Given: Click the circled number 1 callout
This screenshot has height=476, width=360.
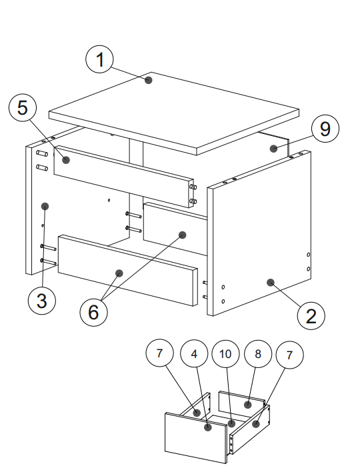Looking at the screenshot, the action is coord(99,59).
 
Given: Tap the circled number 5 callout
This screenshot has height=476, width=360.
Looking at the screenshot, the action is coord(23,108).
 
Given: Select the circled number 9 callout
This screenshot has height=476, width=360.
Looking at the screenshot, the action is coord(325,129).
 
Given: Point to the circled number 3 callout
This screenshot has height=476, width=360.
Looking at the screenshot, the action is coord(42,301).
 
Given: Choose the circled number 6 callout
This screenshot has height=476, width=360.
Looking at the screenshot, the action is coord(93,312).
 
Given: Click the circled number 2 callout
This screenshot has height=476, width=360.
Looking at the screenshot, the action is coord(311,316).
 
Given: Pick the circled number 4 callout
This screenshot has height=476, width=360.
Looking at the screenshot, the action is coord(194,353).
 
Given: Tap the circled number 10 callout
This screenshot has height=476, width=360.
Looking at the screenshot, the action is coord(225,354).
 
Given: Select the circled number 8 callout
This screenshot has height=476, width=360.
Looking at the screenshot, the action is coord(258,353).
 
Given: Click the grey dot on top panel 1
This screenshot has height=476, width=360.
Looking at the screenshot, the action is coord(149,80).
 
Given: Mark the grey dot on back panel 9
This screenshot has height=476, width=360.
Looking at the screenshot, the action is coord(273,149).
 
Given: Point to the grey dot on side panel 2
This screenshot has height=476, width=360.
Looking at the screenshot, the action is coord(271,283).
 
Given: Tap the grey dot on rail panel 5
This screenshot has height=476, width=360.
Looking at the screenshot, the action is coord(66,160).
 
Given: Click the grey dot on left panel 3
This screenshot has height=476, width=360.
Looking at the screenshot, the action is coord(45,207).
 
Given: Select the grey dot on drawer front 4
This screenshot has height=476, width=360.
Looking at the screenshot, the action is coord(208,427).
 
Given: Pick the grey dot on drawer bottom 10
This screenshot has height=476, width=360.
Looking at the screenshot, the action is coord(231,423).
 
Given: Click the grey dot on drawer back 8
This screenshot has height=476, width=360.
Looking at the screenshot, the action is coord(248,405).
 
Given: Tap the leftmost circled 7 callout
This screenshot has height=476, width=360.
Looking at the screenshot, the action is coord(159,353).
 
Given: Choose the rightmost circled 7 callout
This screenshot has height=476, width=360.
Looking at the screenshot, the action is coord(289,355).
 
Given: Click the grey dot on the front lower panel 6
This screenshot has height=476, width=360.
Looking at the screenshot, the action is coord(119,273).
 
